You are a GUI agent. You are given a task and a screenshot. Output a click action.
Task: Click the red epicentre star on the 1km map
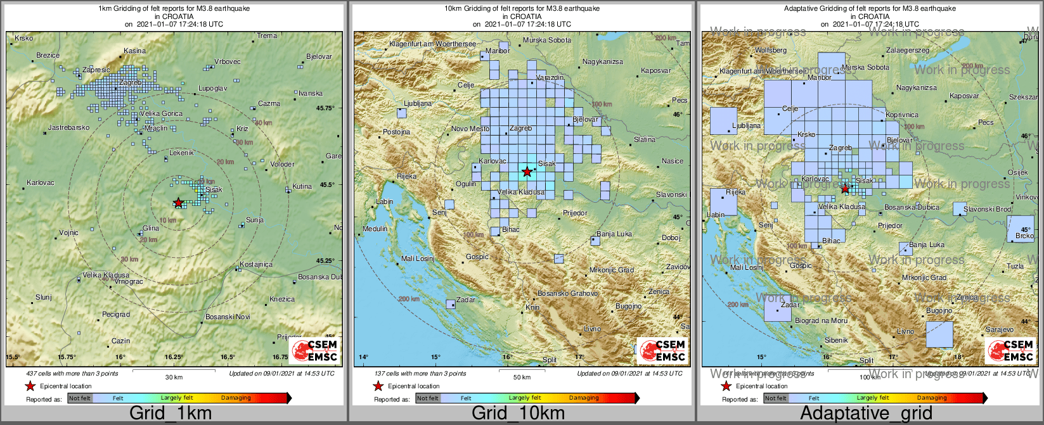[x=179, y=203]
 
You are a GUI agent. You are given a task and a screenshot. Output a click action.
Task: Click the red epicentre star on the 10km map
[x=527, y=172]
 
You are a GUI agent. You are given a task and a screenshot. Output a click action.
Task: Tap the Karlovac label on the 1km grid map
[x=40, y=183]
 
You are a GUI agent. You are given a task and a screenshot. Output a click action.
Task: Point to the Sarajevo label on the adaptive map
[x=999, y=329]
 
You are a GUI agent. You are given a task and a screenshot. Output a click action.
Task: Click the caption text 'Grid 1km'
[x=171, y=414]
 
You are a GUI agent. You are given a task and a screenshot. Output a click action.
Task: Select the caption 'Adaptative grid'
[x=866, y=414]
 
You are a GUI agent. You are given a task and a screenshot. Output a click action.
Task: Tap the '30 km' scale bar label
[x=174, y=377]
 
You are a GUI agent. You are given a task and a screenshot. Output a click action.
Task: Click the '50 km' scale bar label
[x=522, y=377]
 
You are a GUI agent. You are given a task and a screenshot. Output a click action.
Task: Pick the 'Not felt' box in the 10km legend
[x=428, y=398]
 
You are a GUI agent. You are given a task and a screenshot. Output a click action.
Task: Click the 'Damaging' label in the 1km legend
[x=236, y=398]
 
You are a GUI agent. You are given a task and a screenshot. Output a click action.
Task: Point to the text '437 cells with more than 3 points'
[x=72, y=374]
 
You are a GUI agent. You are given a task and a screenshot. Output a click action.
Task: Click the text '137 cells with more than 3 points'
[x=420, y=374]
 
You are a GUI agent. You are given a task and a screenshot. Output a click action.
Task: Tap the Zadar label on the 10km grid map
[x=466, y=300]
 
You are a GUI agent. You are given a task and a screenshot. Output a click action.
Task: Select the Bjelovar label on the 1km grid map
[x=319, y=56]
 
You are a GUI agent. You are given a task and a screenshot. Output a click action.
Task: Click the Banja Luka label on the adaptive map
[x=926, y=244]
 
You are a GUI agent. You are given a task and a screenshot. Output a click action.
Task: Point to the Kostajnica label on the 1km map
[x=256, y=264]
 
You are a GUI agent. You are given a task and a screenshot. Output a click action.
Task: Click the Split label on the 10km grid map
[x=549, y=360]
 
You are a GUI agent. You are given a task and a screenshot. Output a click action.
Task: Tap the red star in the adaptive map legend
[x=726, y=386]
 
